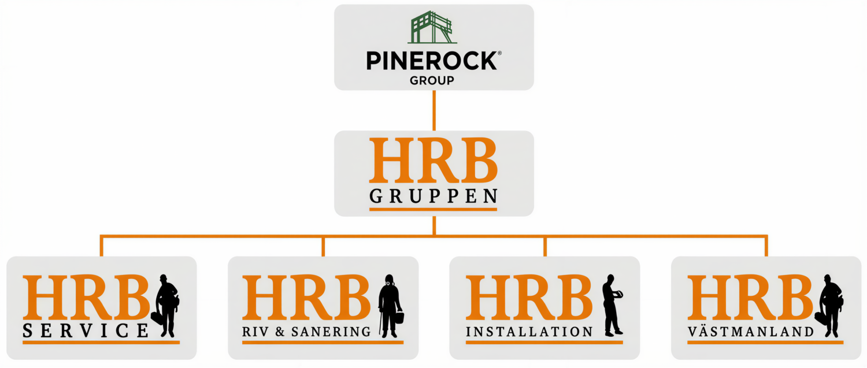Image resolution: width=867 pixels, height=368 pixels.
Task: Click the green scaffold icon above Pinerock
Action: pyautogui.click(x=432, y=27)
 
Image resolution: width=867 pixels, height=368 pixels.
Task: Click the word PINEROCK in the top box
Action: pyautogui.click(x=431, y=61)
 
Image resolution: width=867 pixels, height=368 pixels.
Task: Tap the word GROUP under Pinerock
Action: pyautogui.click(x=432, y=80)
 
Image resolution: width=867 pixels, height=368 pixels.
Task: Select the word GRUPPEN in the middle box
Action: pyautogui.click(x=433, y=196)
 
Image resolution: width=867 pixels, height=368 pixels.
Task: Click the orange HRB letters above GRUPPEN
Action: pyautogui.click(x=433, y=161)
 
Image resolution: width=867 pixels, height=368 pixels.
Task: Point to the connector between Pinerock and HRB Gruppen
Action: pyautogui.click(x=434, y=110)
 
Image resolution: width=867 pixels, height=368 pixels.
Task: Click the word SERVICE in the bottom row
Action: pyautogui.click(x=85, y=331)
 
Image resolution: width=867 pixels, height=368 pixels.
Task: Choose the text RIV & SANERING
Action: pyautogui.click(x=306, y=332)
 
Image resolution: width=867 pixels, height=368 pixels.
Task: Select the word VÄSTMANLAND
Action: pyautogui.click(x=751, y=332)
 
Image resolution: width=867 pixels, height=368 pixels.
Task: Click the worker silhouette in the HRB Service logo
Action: pyautogui.click(x=166, y=306)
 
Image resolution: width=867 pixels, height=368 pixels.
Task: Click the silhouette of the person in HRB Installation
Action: pyautogui.click(x=611, y=305)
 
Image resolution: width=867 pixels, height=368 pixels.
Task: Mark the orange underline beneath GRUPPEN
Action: pyautogui.click(x=433, y=209)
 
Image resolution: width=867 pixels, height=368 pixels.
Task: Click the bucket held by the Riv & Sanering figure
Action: pyautogui.click(x=399, y=318)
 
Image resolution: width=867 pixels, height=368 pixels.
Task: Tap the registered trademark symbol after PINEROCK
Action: pyautogui.click(x=499, y=53)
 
